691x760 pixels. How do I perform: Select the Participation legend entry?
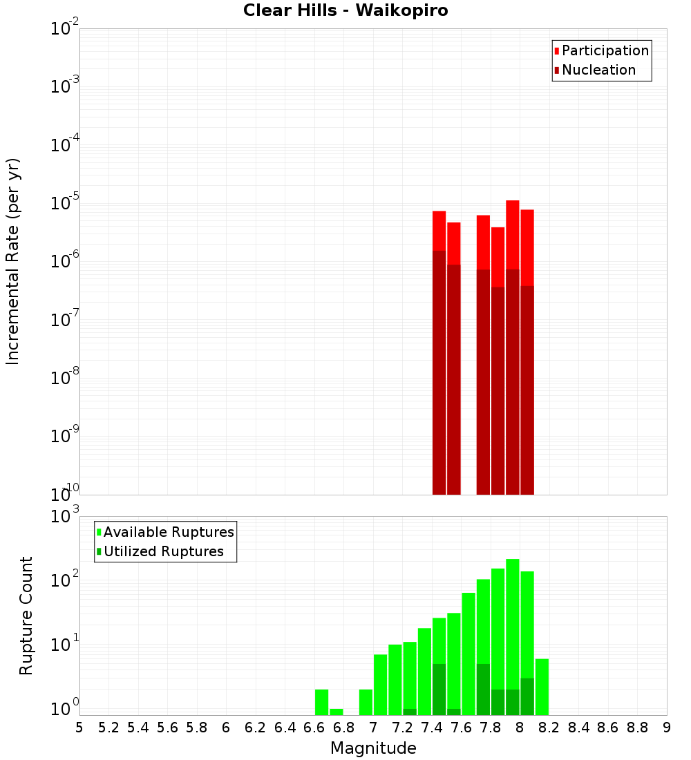pos(605,50)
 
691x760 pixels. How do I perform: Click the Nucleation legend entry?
pos(598,70)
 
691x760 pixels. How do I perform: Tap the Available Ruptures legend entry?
pos(169,532)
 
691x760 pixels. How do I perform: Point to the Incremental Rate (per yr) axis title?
pos(12,261)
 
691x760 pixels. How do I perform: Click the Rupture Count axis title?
pos(26,616)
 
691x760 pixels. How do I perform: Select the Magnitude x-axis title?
pos(373,748)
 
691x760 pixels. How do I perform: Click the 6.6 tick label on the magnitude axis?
pos(314,728)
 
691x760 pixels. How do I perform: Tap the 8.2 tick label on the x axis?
pos(549,728)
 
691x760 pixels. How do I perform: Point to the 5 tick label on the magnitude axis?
pos(79,728)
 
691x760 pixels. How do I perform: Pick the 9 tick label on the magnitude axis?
pos(667,728)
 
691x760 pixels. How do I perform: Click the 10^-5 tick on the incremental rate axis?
pos(65,203)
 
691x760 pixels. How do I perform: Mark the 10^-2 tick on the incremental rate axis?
pos(65,29)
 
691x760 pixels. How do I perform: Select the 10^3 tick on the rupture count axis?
pos(65,517)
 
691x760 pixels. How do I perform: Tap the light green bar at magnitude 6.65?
pos(321,702)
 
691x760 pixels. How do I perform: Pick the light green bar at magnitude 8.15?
pos(542,687)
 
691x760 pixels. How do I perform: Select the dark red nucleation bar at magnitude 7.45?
pos(439,373)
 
